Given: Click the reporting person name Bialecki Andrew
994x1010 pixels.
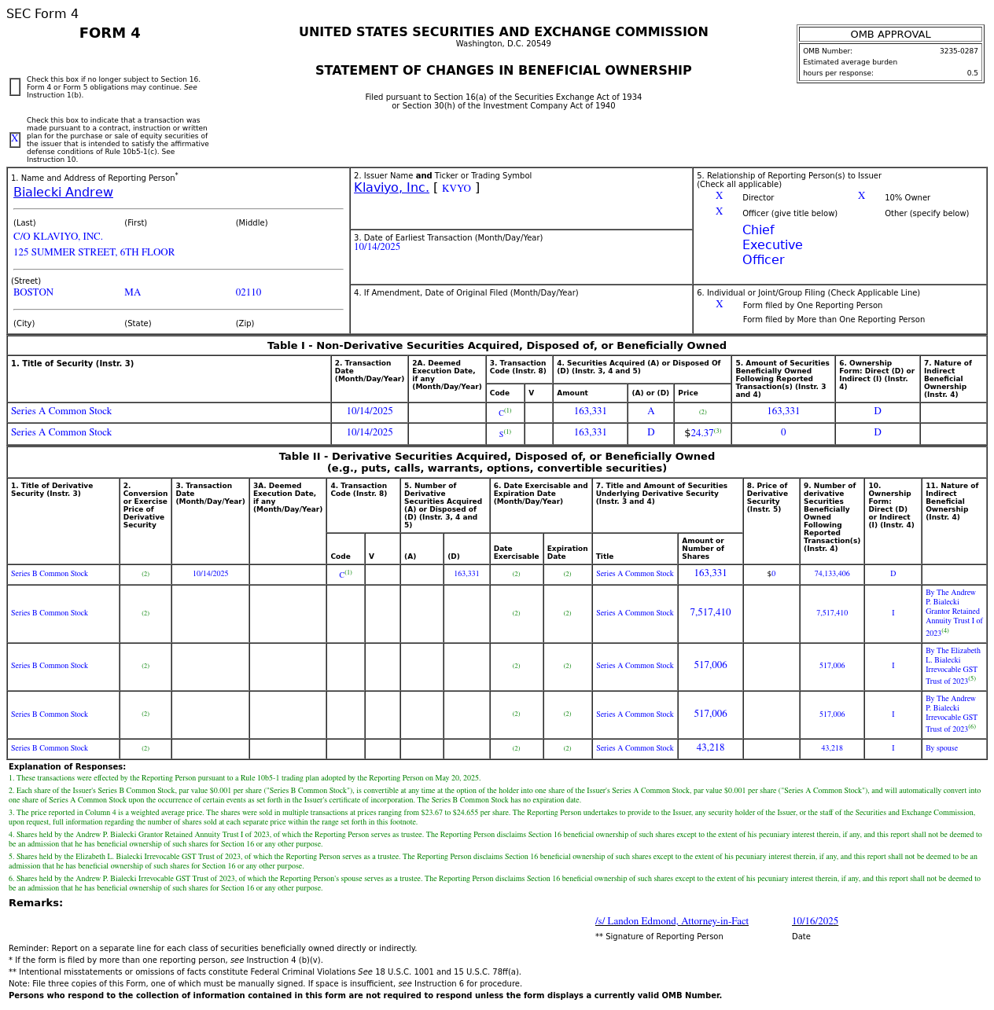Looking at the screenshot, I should (x=63, y=193).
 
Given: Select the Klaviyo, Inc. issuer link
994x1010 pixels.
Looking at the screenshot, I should (x=391, y=188).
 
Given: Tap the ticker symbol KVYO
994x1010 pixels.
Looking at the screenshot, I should (x=456, y=189).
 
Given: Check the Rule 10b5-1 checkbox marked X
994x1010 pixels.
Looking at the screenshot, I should (x=15, y=140).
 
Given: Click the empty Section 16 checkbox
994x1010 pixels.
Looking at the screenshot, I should (x=15, y=87).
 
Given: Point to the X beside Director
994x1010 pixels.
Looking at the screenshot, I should (x=719, y=196).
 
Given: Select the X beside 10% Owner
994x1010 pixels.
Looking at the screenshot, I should (x=861, y=196).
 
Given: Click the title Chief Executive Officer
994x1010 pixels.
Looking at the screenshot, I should (x=771, y=245).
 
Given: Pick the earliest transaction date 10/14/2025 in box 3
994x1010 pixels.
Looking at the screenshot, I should (x=377, y=247).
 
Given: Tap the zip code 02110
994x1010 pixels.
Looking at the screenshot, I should (x=248, y=292).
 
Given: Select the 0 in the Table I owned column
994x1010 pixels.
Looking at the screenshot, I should (x=782, y=433).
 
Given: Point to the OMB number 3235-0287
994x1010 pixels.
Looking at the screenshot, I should (x=958, y=51).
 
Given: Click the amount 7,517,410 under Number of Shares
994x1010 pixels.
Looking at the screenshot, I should (x=710, y=613).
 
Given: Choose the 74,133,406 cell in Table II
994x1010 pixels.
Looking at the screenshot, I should (x=831, y=574).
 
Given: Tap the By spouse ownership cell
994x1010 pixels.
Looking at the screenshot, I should (x=941, y=748).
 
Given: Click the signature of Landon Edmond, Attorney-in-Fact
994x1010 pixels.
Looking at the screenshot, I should (x=672, y=921).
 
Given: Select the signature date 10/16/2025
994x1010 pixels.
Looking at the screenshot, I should (x=815, y=921).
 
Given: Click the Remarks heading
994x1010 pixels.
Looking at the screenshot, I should (x=35, y=903).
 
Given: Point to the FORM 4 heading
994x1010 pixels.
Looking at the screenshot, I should (x=109, y=33).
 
